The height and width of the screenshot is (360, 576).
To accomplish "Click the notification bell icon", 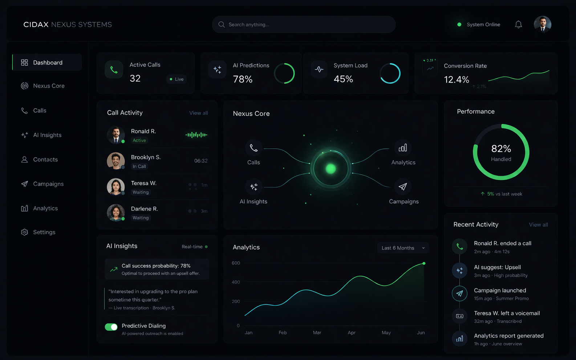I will pos(518,24).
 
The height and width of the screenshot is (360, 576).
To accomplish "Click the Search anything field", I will pos(304,24).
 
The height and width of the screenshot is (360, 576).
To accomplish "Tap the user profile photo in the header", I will pos(542,24).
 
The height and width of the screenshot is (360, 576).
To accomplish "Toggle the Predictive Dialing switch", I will pos(111,327).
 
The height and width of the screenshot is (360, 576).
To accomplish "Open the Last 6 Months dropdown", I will pos(403,248).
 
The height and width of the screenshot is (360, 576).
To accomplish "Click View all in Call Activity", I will pos(198,113).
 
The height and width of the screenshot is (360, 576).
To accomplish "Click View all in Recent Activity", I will pos(538,225).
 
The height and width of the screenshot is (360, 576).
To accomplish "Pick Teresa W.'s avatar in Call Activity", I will pos(116,187).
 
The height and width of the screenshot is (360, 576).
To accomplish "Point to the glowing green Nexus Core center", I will pos(330,169).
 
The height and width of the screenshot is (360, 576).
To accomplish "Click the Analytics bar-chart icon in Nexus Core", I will pos(403,148).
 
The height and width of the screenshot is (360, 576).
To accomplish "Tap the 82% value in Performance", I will pos(501,149).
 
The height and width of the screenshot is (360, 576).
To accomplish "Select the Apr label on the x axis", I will pos(351,332).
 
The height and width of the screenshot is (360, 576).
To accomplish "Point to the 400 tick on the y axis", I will pos(236,282).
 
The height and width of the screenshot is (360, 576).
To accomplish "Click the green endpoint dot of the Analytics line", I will pos(424,263).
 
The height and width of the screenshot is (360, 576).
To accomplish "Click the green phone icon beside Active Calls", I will pos(114,70).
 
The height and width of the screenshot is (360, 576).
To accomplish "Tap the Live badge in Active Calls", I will pos(177,79).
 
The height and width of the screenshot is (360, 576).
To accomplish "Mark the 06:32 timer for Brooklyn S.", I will pos(200,161).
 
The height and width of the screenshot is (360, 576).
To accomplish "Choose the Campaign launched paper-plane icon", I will pos(459,294).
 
